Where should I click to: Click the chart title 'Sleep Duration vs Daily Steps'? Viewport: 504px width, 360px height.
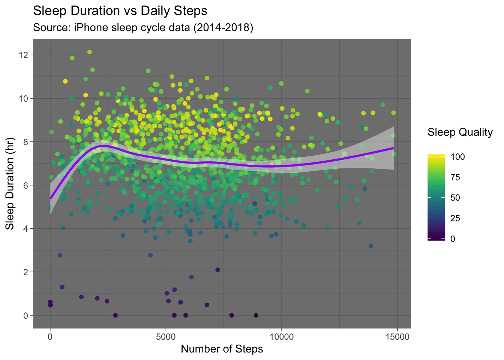coord(120,11)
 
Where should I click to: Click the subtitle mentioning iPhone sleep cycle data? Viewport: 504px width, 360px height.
coord(143,28)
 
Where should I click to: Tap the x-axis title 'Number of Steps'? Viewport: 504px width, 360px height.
coord(222,349)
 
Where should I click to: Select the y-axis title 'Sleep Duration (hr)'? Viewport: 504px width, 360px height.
coord(10,185)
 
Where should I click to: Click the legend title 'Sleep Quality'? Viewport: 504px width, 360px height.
coord(460,132)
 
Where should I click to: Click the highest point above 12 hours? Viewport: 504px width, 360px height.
coord(90,52)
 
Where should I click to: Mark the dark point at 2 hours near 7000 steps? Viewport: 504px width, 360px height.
coord(217,270)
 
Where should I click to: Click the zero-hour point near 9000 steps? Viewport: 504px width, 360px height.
coord(256,315)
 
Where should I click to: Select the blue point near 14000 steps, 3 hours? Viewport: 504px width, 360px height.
coord(371,246)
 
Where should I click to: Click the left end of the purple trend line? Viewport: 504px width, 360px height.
coord(51,198)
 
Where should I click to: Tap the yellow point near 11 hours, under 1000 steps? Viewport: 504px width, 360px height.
coord(65,81)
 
